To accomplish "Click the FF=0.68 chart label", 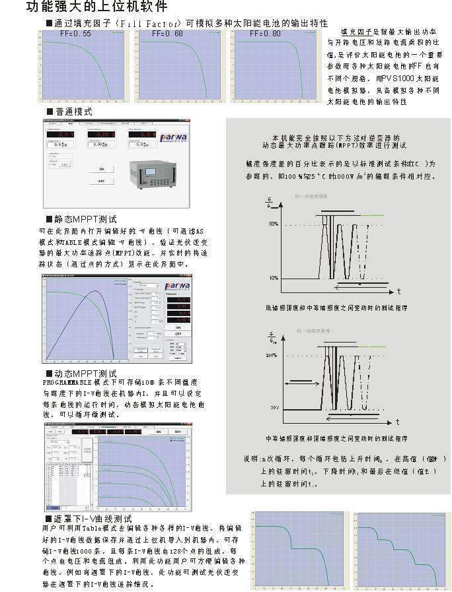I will click(x=168, y=34).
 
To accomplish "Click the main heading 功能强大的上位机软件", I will click(x=96, y=7).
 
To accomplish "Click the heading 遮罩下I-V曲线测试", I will click(x=93, y=519).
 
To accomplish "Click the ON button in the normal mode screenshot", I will click(x=102, y=169).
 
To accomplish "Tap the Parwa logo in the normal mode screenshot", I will click(x=174, y=137).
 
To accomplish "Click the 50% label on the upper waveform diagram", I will click(x=274, y=224).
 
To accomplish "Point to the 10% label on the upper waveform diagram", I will click(x=274, y=278).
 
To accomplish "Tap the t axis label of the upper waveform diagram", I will click(x=398, y=291).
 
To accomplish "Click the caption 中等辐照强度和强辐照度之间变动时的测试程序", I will click(x=336, y=438).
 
